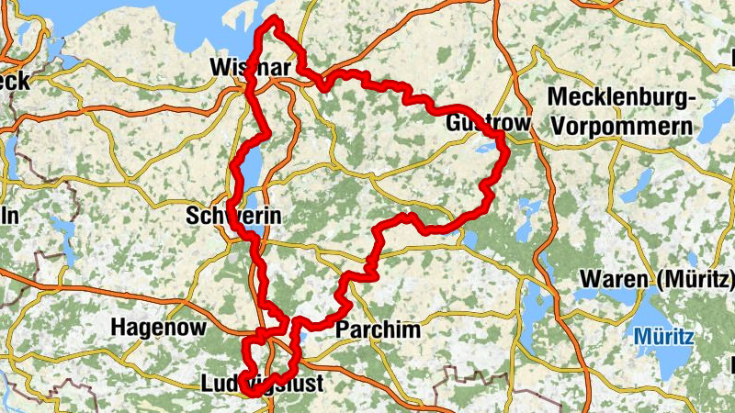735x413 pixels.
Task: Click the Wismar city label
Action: click(x=250, y=69)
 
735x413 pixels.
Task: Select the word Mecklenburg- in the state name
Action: click(x=621, y=97)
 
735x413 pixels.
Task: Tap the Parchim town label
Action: click(x=378, y=329)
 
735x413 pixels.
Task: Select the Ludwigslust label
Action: click(x=261, y=384)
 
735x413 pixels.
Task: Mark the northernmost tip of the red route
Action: click(x=272, y=20)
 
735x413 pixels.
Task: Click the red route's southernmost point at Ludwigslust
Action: click(x=250, y=395)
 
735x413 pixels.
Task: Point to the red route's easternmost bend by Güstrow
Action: click(x=505, y=151)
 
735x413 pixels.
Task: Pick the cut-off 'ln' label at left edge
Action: click(x=9, y=215)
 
